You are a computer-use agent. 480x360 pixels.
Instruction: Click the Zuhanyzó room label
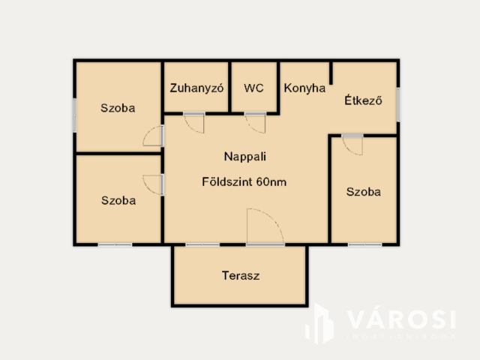coord(197,87)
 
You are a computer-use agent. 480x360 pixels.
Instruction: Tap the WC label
coord(254,87)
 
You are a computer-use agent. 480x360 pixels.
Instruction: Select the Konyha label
coord(304,87)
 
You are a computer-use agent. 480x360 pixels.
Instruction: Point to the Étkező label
coord(363,100)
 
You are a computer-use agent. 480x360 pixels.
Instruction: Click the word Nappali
coord(244,157)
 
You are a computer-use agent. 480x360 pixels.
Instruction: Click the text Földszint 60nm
coord(244,181)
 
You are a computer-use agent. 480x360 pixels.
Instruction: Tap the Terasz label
coord(240,275)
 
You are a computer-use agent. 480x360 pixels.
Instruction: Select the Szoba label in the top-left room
coord(118,107)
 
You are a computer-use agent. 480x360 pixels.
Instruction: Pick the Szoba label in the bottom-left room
coord(118,200)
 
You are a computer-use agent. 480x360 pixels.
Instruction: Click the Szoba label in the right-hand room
coord(363,191)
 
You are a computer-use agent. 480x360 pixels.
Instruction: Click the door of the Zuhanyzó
coord(195,121)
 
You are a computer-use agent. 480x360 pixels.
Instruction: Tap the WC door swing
coord(256,121)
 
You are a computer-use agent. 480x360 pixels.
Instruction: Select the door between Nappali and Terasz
coord(265,227)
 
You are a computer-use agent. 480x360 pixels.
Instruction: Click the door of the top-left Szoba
coord(154,136)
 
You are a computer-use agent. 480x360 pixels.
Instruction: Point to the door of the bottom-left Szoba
coord(154,184)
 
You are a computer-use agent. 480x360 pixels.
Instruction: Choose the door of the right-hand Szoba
coord(352,143)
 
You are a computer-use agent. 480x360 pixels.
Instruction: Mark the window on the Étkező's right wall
coord(398,103)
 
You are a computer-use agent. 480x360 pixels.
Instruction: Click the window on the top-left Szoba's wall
coord(74,115)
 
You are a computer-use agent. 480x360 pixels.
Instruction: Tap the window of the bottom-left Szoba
coord(115,244)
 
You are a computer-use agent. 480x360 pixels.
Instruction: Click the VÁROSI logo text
coord(400,320)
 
